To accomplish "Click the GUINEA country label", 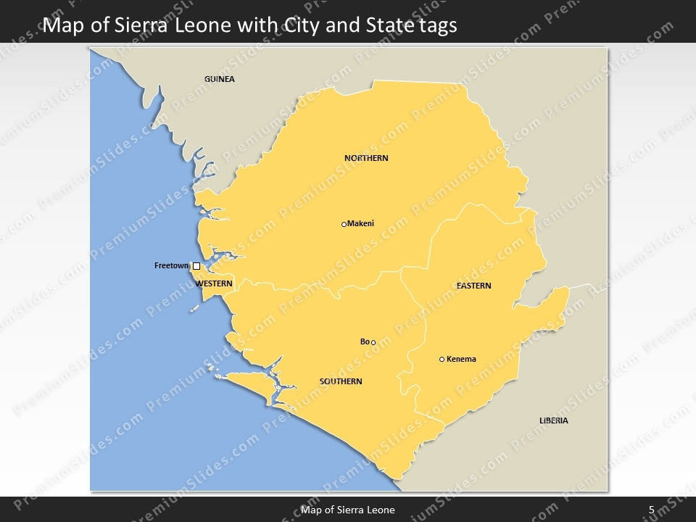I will [219, 79].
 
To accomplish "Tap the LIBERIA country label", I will [553, 420].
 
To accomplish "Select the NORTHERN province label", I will [366, 158].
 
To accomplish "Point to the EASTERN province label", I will [473, 286].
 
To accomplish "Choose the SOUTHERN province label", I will [341, 381].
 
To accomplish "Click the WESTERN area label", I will [214, 283].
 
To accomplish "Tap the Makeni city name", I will [361, 223].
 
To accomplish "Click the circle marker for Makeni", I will [344, 225].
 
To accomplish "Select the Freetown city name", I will [171, 265].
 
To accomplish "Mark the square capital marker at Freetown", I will [196, 266].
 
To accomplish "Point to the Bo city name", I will [365, 341].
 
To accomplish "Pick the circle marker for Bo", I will [373, 343].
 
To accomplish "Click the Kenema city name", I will [461, 359].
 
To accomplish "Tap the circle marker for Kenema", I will [442, 360].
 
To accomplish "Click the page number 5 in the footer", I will [651, 510].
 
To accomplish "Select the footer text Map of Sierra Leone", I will [348, 510].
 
